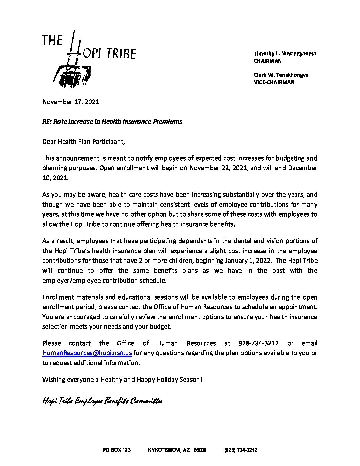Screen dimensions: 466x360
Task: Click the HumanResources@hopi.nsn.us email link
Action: [x=87, y=353]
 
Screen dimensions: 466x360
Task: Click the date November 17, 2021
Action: [x=70, y=102]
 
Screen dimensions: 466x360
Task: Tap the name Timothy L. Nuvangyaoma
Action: [x=285, y=54]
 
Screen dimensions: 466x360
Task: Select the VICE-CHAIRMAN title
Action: [x=274, y=82]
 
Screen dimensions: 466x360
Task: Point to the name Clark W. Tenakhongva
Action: [x=281, y=75]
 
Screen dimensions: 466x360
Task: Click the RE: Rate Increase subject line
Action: [x=112, y=122]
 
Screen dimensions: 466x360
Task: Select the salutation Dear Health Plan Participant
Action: [x=84, y=142]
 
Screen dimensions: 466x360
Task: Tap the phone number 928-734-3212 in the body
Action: [x=258, y=343]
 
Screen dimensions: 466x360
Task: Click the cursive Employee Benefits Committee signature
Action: [x=102, y=401]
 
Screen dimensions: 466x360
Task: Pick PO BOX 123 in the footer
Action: [x=116, y=450]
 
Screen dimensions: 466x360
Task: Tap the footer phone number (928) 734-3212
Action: [x=241, y=450]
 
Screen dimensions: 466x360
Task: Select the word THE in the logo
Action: [x=52, y=40]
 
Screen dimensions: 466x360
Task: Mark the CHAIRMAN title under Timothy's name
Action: [x=267, y=61]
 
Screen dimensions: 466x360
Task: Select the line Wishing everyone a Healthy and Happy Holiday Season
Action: [x=122, y=380]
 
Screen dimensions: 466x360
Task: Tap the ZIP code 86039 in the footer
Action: [x=200, y=450]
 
